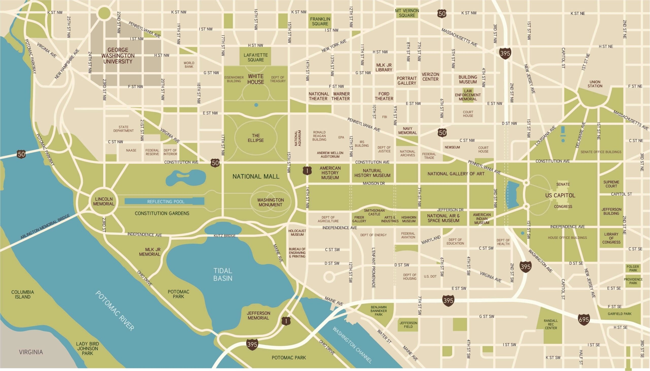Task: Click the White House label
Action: click(256, 79)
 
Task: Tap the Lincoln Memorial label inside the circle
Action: click(104, 201)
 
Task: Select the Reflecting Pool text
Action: click(166, 202)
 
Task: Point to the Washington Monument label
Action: click(270, 202)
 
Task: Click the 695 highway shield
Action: click(584, 319)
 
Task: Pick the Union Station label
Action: click(595, 84)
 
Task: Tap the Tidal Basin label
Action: click(223, 274)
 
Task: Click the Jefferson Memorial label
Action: click(258, 315)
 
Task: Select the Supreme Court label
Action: click(611, 184)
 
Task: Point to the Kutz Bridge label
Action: click(224, 236)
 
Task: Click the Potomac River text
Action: click(115, 311)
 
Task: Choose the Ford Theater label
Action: click(384, 96)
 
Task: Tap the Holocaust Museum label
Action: click(297, 232)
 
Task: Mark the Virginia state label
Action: click(31, 352)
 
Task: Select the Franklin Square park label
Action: click(320, 21)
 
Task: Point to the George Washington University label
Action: click(118, 56)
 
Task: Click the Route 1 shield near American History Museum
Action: click(307, 170)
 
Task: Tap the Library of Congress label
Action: click(611, 238)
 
